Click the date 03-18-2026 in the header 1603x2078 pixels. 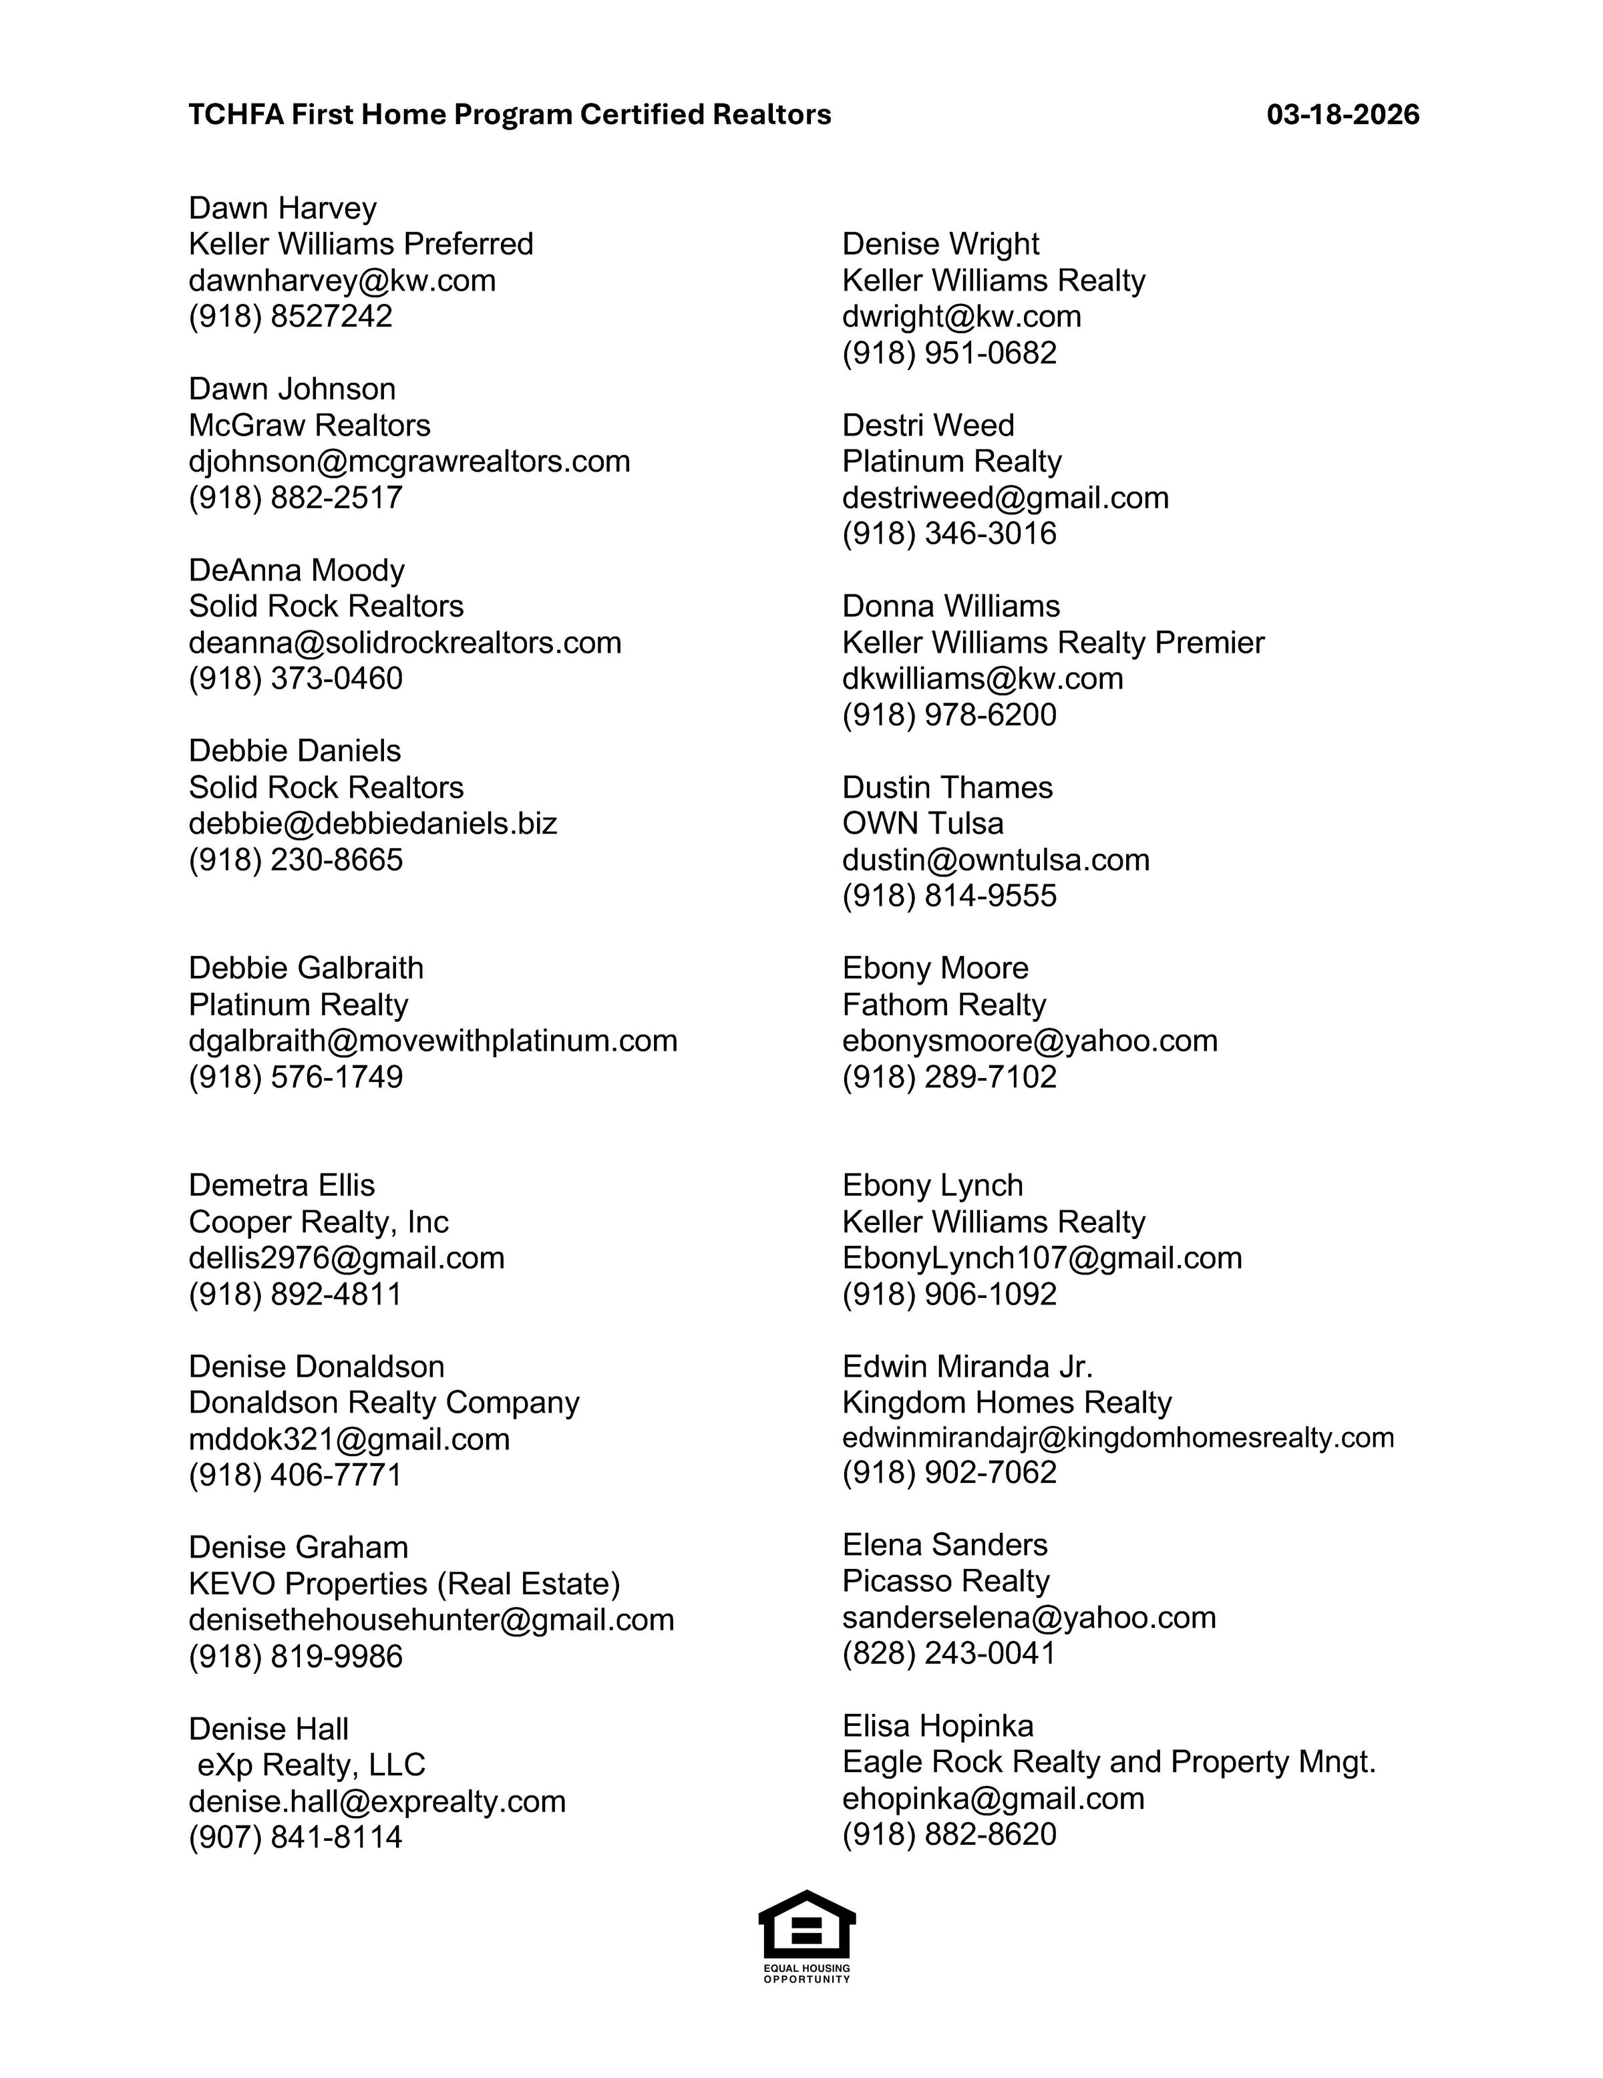point(1343,115)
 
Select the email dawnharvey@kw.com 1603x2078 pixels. point(341,281)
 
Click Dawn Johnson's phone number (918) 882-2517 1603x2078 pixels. point(295,498)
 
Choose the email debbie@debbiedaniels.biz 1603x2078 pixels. point(372,823)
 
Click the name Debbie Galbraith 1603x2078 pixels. point(305,968)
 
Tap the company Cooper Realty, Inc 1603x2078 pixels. point(318,1222)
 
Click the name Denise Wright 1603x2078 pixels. point(940,244)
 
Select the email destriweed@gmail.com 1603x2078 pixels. point(1005,498)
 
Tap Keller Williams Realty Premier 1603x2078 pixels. point(1052,643)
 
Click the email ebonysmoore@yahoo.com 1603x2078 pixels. point(1029,1040)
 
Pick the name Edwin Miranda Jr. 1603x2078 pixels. point(966,1367)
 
